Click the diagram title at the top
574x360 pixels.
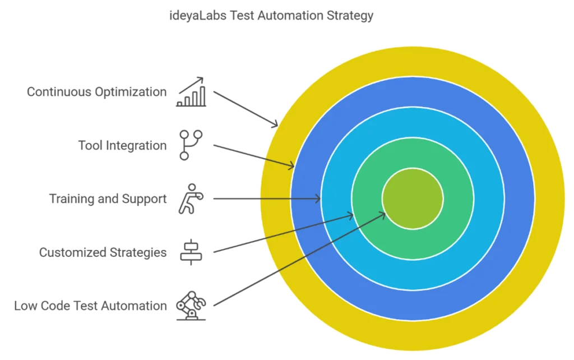[x=269, y=16]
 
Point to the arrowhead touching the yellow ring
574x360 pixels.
[x=274, y=122]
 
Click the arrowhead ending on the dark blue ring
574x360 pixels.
[x=291, y=165]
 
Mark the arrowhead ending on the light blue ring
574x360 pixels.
[x=318, y=199]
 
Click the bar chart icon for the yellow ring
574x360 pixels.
[x=192, y=93]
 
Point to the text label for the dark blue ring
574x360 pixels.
[x=123, y=146]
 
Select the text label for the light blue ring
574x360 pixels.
[x=107, y=200]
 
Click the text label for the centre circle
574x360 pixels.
[x=91, y=307]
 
